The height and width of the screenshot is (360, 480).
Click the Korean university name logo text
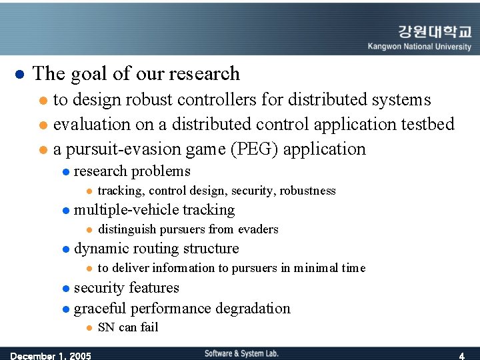point(434,32)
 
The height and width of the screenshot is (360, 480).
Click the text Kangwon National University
point(419,47)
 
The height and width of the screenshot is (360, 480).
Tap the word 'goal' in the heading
point(91,73)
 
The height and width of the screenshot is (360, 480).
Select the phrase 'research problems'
point(132,171)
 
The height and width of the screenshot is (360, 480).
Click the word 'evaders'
point(258,229)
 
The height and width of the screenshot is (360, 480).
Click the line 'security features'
point(126,288)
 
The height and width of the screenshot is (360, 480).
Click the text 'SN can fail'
point(128,327)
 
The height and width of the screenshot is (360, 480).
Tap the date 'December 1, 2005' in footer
point(51,355)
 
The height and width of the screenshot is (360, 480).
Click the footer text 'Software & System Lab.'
point(241,353)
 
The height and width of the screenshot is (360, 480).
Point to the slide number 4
point(461,355)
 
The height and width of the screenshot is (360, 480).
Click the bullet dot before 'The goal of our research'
point(19,73)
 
